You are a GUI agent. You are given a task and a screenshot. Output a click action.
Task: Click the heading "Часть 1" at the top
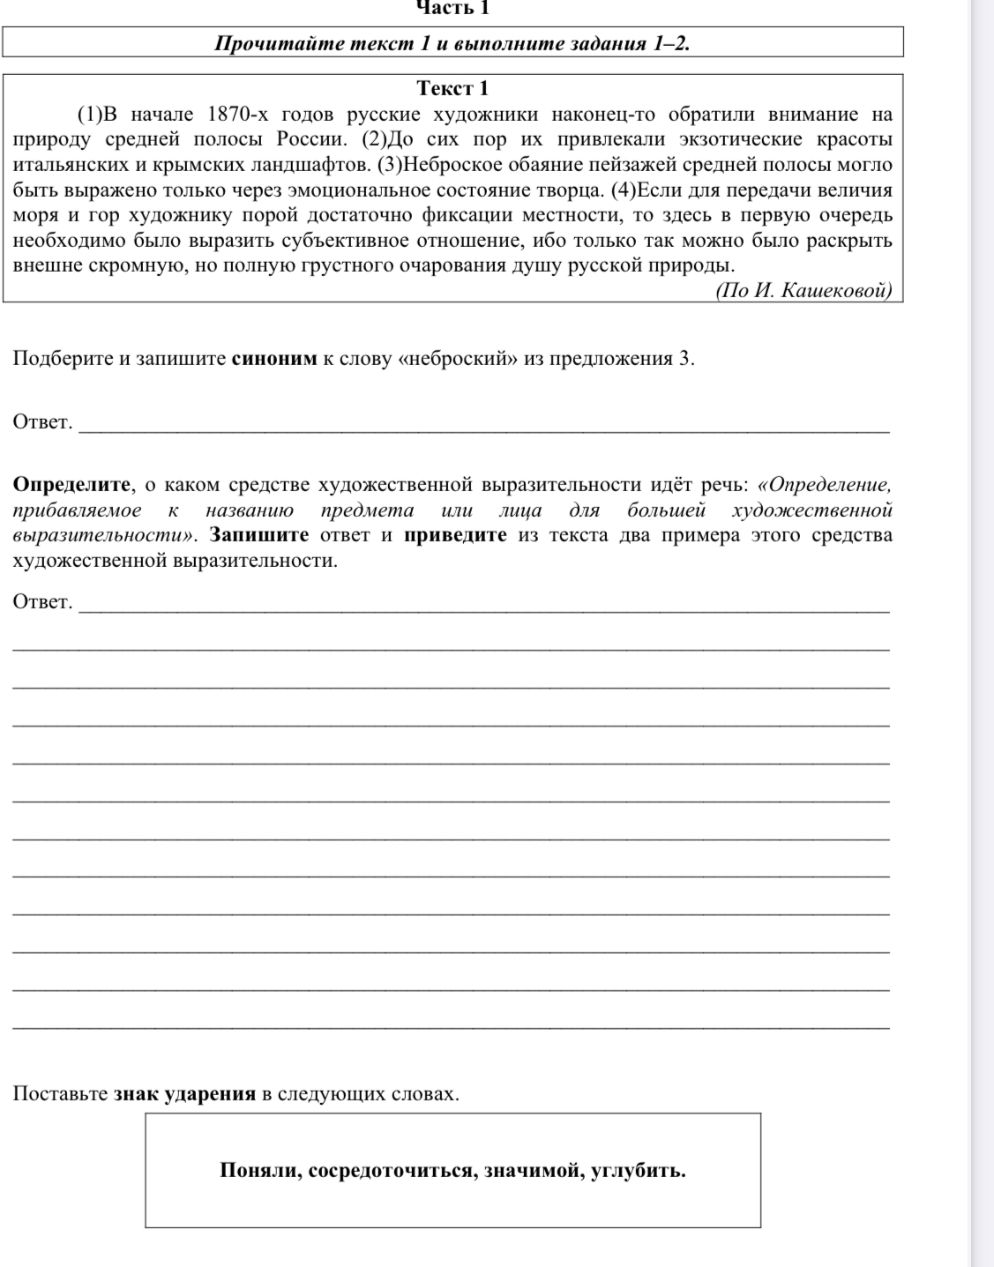(x=452, y=9)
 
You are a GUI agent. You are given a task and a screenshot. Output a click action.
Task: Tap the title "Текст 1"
(x=452, y=88)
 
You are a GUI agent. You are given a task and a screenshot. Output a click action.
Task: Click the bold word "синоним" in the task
(x=273, y=359)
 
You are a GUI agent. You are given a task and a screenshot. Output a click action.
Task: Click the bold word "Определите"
(x=72, y=484)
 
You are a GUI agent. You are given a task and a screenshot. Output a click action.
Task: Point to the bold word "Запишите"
(x=259, y=535)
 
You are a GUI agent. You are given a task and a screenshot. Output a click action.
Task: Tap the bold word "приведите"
(x=455, y=535)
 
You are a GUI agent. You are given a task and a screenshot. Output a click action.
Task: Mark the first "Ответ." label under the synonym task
(x=42, y=421)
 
